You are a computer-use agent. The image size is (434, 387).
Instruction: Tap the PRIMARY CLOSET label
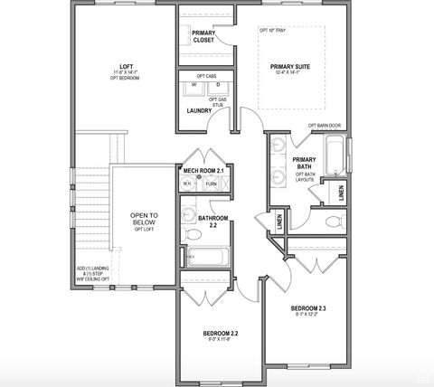[x=203, y=37]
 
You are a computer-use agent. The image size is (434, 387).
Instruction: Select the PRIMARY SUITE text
[x=290, y=66]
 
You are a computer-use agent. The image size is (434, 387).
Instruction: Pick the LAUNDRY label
[x=199, y=111]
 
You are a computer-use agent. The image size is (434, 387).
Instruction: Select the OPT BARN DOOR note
[x=325, y=126]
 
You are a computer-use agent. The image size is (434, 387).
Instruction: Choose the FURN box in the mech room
[x=212, y=184]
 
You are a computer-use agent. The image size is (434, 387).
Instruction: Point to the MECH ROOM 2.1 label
[x=203, y=170]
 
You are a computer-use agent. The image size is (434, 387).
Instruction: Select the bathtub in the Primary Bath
[x=335, y=155]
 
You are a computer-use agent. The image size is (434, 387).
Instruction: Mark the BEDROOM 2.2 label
[x=222, y=336]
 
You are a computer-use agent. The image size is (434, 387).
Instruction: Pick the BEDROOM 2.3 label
[x=308, y=312]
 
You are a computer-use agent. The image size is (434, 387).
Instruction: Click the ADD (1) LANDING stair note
[x=94, y=274]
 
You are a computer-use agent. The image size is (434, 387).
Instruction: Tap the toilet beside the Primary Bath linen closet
[x=332, y=221]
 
